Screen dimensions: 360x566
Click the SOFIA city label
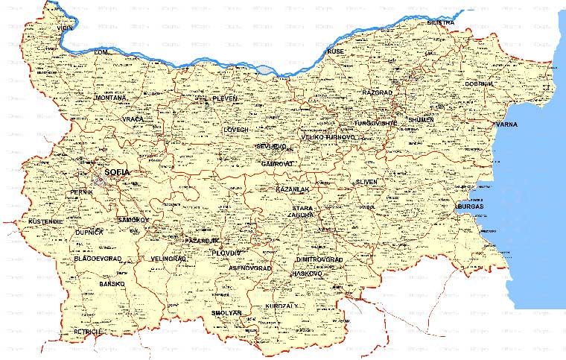[x=117, y=172]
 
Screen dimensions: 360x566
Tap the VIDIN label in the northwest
[x=65, y=28]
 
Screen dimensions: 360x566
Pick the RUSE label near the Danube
[x=335, y=51]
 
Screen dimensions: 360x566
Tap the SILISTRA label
[x=440, y=23]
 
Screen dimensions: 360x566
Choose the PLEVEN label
[x=224, y=98]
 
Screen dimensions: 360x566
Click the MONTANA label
[x=109, y=98]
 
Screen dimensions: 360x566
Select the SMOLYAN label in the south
[x=226, y=313]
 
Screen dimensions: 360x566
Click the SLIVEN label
[x=366, y=182]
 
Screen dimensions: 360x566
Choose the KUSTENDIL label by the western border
[x=46, y=221]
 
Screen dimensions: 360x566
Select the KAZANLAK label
[x=287, y=190]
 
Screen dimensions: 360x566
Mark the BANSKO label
[x=112, y=284]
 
